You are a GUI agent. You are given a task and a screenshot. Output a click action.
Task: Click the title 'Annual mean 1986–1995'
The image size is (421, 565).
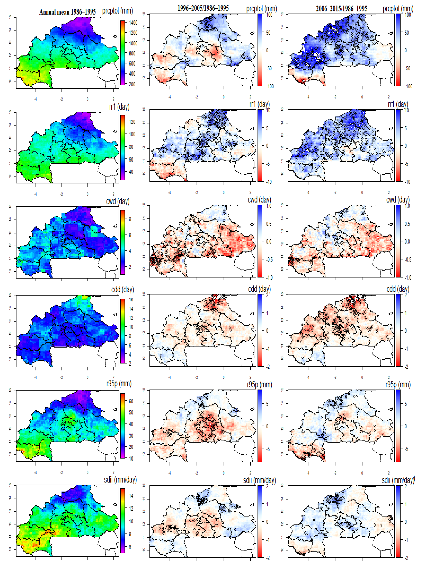coord(68,12)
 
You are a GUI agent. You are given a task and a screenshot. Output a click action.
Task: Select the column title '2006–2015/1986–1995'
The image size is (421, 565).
coord(341,9)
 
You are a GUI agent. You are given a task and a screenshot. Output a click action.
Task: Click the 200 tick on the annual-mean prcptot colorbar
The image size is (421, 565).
coord(132,84)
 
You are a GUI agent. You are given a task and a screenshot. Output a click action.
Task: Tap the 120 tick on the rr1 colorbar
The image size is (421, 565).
coord(132,122)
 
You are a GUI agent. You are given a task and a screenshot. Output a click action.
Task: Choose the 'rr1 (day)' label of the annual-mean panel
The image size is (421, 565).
coord(119,107)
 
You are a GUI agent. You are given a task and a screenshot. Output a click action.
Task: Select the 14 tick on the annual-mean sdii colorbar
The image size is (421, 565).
coord(131,496)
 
